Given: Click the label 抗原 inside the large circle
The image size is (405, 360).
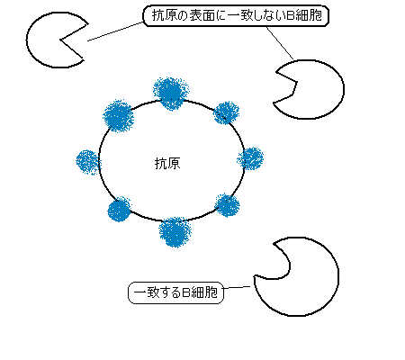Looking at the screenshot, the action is coord(167,164).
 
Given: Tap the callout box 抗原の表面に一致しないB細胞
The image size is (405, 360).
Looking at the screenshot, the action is coord(236,15).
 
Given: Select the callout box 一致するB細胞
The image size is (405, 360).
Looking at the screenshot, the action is coord(176,292).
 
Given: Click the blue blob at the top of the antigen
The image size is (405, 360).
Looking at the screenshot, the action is coord(171,94).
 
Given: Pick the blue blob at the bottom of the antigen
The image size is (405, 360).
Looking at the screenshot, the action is coord(175,232).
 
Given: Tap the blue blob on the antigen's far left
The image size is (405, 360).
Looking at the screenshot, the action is coord(88,162).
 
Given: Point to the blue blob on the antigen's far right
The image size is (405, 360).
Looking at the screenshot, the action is coord(250,158).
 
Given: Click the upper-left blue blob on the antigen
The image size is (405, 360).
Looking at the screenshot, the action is coord(118,117).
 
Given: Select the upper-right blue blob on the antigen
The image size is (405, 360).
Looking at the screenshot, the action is coord(226,112).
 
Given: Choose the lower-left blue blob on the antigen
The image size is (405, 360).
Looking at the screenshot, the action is coord(120,209).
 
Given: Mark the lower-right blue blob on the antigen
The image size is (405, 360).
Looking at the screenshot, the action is coord(228,205).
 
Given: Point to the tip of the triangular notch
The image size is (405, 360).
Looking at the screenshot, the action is coord(60,40).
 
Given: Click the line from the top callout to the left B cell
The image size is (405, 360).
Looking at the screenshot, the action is coord(115,31).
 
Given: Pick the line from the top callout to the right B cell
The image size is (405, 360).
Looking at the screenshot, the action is coord(279,43).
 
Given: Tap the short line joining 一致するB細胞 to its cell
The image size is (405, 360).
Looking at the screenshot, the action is coord(238,288).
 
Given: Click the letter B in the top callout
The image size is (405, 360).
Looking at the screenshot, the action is coord(290,15).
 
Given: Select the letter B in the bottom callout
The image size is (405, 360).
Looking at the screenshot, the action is coord(185,292).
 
